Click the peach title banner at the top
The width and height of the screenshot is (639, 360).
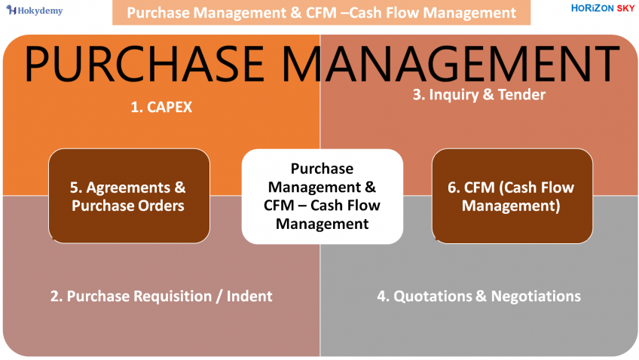pyautogui.click(x=321, y=13)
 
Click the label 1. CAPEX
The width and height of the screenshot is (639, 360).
pyautogui.click(x=161, y=107)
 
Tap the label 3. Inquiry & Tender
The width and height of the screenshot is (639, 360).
pyautogui.click(x=478, y=94)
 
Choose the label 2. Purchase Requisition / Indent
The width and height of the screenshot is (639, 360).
pyautogui.click(x=161, y=296)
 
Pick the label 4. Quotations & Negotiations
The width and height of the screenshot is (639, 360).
pyautogui.click(x=478, y=296)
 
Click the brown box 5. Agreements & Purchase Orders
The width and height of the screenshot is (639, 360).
pyautogui.click(x=129, y=196)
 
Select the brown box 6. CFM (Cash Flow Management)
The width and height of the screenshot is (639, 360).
pyautogui.click(x=511, y=196)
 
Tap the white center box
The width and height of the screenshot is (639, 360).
pyautogui.click(x=322, y=196)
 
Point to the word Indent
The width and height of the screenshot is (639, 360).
pyautogui.click(x=249, y=296)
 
